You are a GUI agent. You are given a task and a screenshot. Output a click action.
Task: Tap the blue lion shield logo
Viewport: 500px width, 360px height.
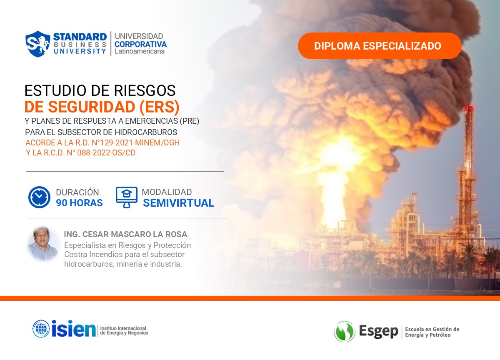coord(38,44)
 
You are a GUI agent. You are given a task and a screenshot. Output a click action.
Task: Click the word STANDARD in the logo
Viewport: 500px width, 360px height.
coord(80,36)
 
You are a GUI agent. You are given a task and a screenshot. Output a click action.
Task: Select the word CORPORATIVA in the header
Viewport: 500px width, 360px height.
coord(140,44)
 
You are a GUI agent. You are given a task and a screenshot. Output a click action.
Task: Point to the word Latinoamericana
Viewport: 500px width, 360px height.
coord(140,51)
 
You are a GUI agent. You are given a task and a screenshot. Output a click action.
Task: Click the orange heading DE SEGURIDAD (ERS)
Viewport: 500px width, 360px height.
coord(102,107)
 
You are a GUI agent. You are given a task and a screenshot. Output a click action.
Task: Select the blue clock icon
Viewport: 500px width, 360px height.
coord(39,197)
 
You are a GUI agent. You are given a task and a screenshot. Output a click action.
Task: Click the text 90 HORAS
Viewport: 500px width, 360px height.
coord(79,203)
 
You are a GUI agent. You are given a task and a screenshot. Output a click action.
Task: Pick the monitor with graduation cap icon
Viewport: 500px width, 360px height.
coord(127,197)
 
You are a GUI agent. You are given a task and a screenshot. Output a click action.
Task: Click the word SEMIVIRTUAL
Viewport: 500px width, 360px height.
coord(178,203)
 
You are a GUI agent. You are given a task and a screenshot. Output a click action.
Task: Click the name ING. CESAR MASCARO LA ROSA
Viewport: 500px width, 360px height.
coord(125,234)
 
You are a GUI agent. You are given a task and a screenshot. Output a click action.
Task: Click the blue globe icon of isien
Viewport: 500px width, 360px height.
coord(41,329)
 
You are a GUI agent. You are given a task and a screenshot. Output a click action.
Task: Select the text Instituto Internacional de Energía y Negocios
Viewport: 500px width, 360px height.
coord(124,330)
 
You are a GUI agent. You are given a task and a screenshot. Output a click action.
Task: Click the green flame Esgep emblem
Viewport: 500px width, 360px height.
coord(344,332)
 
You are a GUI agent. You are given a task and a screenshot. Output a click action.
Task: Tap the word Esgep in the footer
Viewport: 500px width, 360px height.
coord(378,332)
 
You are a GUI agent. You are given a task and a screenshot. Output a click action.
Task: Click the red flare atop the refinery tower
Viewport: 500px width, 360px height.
coord(469,109)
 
